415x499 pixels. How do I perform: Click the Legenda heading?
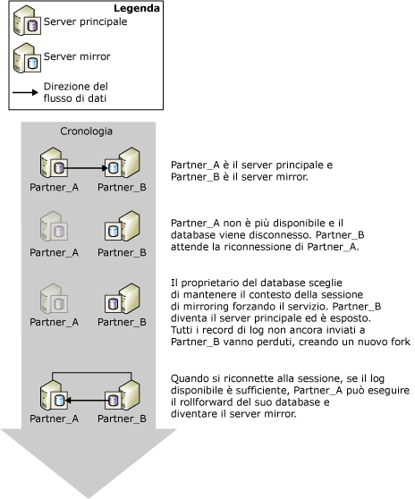(x=137, y=8)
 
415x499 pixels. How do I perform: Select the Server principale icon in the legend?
(x=27, y=21)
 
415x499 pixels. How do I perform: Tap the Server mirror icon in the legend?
(x=27, y=58)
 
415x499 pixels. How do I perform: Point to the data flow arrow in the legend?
(x=25, y=93)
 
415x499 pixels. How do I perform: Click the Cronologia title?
(x=86, y=131)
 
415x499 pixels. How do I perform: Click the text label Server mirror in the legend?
(x=77, y=56)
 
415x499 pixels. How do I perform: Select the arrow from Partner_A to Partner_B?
(x=86, y=168)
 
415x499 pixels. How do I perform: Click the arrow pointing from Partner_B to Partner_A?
(x=86, y=401)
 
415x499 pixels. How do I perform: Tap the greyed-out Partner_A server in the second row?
(x=54, y=226)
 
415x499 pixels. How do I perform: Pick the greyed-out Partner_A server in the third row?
(x=54, y=299)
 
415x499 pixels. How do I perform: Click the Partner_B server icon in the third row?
(x=123, y=299)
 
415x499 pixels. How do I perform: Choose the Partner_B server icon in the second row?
(x=123, y=226)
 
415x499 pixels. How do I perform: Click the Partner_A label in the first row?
(x=54, y=187)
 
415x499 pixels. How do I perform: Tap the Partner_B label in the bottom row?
(x=122, y=419)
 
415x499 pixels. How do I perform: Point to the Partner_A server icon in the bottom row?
(x=54, y=395)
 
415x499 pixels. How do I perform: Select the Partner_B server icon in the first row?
(x=123, y=163)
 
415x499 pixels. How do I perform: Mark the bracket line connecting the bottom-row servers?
(x=92, y=372)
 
